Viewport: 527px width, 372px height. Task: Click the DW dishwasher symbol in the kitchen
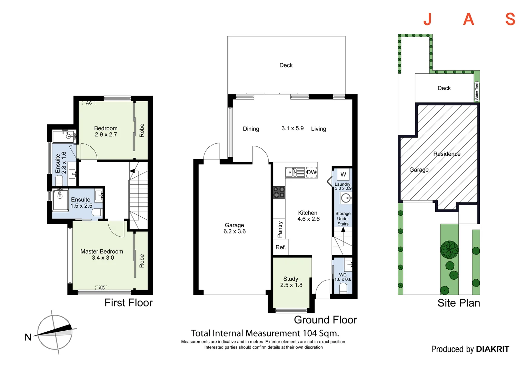pos(311,172)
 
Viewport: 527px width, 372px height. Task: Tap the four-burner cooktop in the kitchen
pos(279,193)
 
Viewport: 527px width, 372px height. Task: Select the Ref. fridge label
pos(281,247)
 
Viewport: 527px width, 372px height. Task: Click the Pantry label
pos(280,229)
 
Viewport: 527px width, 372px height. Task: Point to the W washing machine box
pos(343,174)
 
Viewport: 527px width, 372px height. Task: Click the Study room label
pos(291,279)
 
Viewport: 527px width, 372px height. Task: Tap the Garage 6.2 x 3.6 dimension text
pos(235,231)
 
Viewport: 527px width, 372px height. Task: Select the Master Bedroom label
pos(102,251)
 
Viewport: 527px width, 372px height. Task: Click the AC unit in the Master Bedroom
pos(102,288)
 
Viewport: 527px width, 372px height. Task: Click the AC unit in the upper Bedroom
pos(89,103)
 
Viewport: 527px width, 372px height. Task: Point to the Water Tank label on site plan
pos(477,91)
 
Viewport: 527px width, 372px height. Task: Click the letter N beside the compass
pos(28,337)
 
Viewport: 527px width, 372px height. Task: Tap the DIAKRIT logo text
pos(493,349)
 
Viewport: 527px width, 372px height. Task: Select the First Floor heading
pos(128,303)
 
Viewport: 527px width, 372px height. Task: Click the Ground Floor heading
pos(325,320)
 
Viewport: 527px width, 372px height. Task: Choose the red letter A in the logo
pos(468,19)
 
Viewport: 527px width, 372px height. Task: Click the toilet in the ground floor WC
pos(343,288)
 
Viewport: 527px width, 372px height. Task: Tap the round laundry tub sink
pos(346,198)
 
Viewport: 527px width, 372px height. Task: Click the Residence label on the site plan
pos(447,154)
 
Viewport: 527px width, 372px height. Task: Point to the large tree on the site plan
pos(449,250)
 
